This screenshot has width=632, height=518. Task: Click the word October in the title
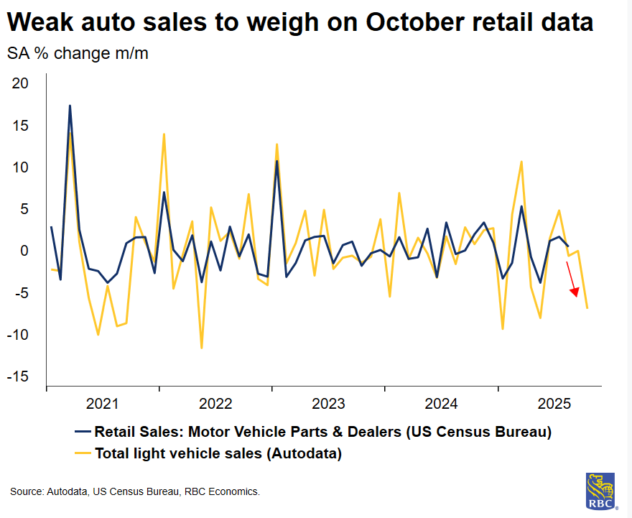pos(415,22)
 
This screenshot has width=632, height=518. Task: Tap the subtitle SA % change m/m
pos(78,53)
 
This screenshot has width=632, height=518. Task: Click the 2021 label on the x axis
pos(103,403)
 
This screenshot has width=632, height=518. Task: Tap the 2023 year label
pos(328,403)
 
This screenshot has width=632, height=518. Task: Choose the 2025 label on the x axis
pos(554,403)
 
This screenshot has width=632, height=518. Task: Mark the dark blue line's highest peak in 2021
pos(70,106)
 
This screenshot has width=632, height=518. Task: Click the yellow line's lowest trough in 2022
pos(201,348)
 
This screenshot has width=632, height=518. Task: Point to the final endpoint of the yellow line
pos(587,308)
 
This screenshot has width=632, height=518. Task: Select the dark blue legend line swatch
pos(82,432)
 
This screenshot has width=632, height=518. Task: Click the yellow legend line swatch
pos(82,453)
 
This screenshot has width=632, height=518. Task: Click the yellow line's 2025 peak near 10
pos(521,162)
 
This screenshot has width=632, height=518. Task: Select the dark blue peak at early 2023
pos(276,161)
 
